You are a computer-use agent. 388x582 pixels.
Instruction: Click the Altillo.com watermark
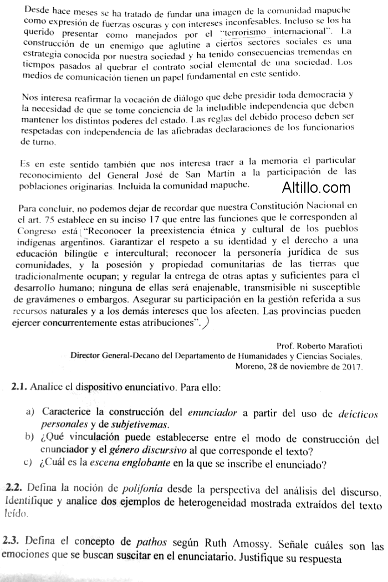tap(316, 188)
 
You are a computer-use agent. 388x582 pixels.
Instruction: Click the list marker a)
tap(30, 413)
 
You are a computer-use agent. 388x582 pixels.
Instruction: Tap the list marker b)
tap(30, 439)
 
